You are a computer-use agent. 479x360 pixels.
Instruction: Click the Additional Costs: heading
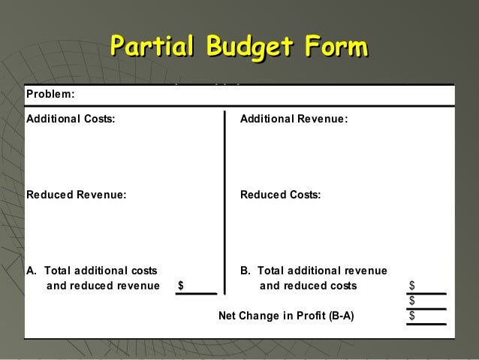click(71, 119)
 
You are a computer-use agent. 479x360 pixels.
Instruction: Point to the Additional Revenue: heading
click(294, 119)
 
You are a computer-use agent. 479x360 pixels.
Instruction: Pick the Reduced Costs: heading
click(280, 195)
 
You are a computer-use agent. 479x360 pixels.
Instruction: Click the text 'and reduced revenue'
click(103, 286)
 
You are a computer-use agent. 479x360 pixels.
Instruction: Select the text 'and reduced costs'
click(309, 286)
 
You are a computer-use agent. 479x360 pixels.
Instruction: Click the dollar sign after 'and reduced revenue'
click(181, 286)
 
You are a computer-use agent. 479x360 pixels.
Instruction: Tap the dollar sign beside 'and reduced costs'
click(412, 286)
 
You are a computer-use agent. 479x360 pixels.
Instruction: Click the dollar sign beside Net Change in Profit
click(412, 316)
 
